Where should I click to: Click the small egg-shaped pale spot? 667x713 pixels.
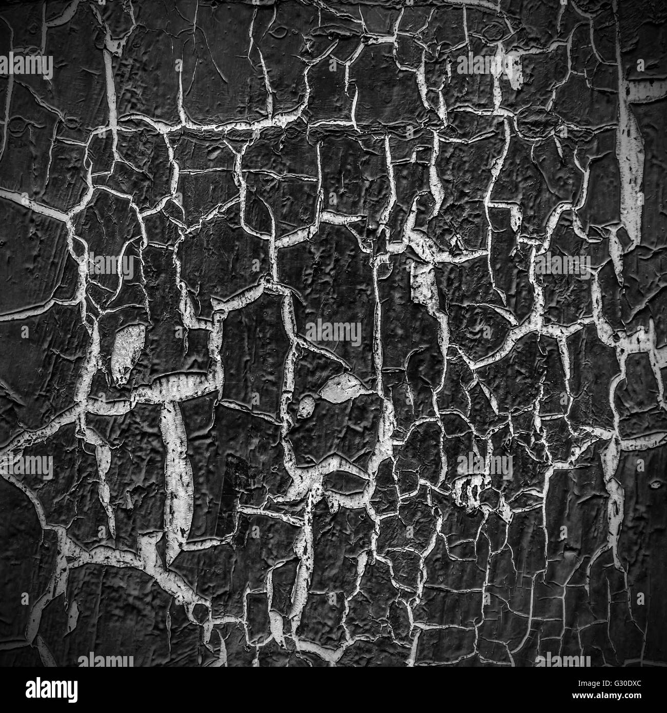click(305, 406)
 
